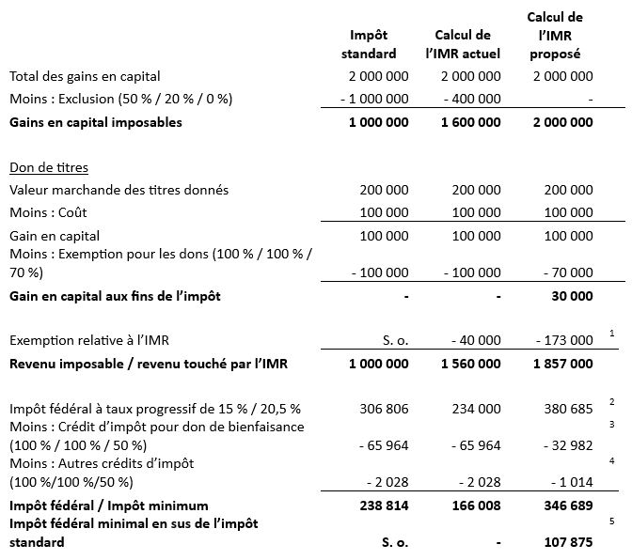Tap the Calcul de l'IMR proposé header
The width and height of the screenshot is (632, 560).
point(555,36)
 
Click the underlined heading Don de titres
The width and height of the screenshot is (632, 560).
point(49,168)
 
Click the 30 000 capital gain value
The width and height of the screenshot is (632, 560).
point(570,297)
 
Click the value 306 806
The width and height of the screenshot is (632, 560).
point(385,409)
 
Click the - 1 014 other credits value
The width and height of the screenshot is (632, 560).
point(569,483)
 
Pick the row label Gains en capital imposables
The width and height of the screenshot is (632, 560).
point(96,122)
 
